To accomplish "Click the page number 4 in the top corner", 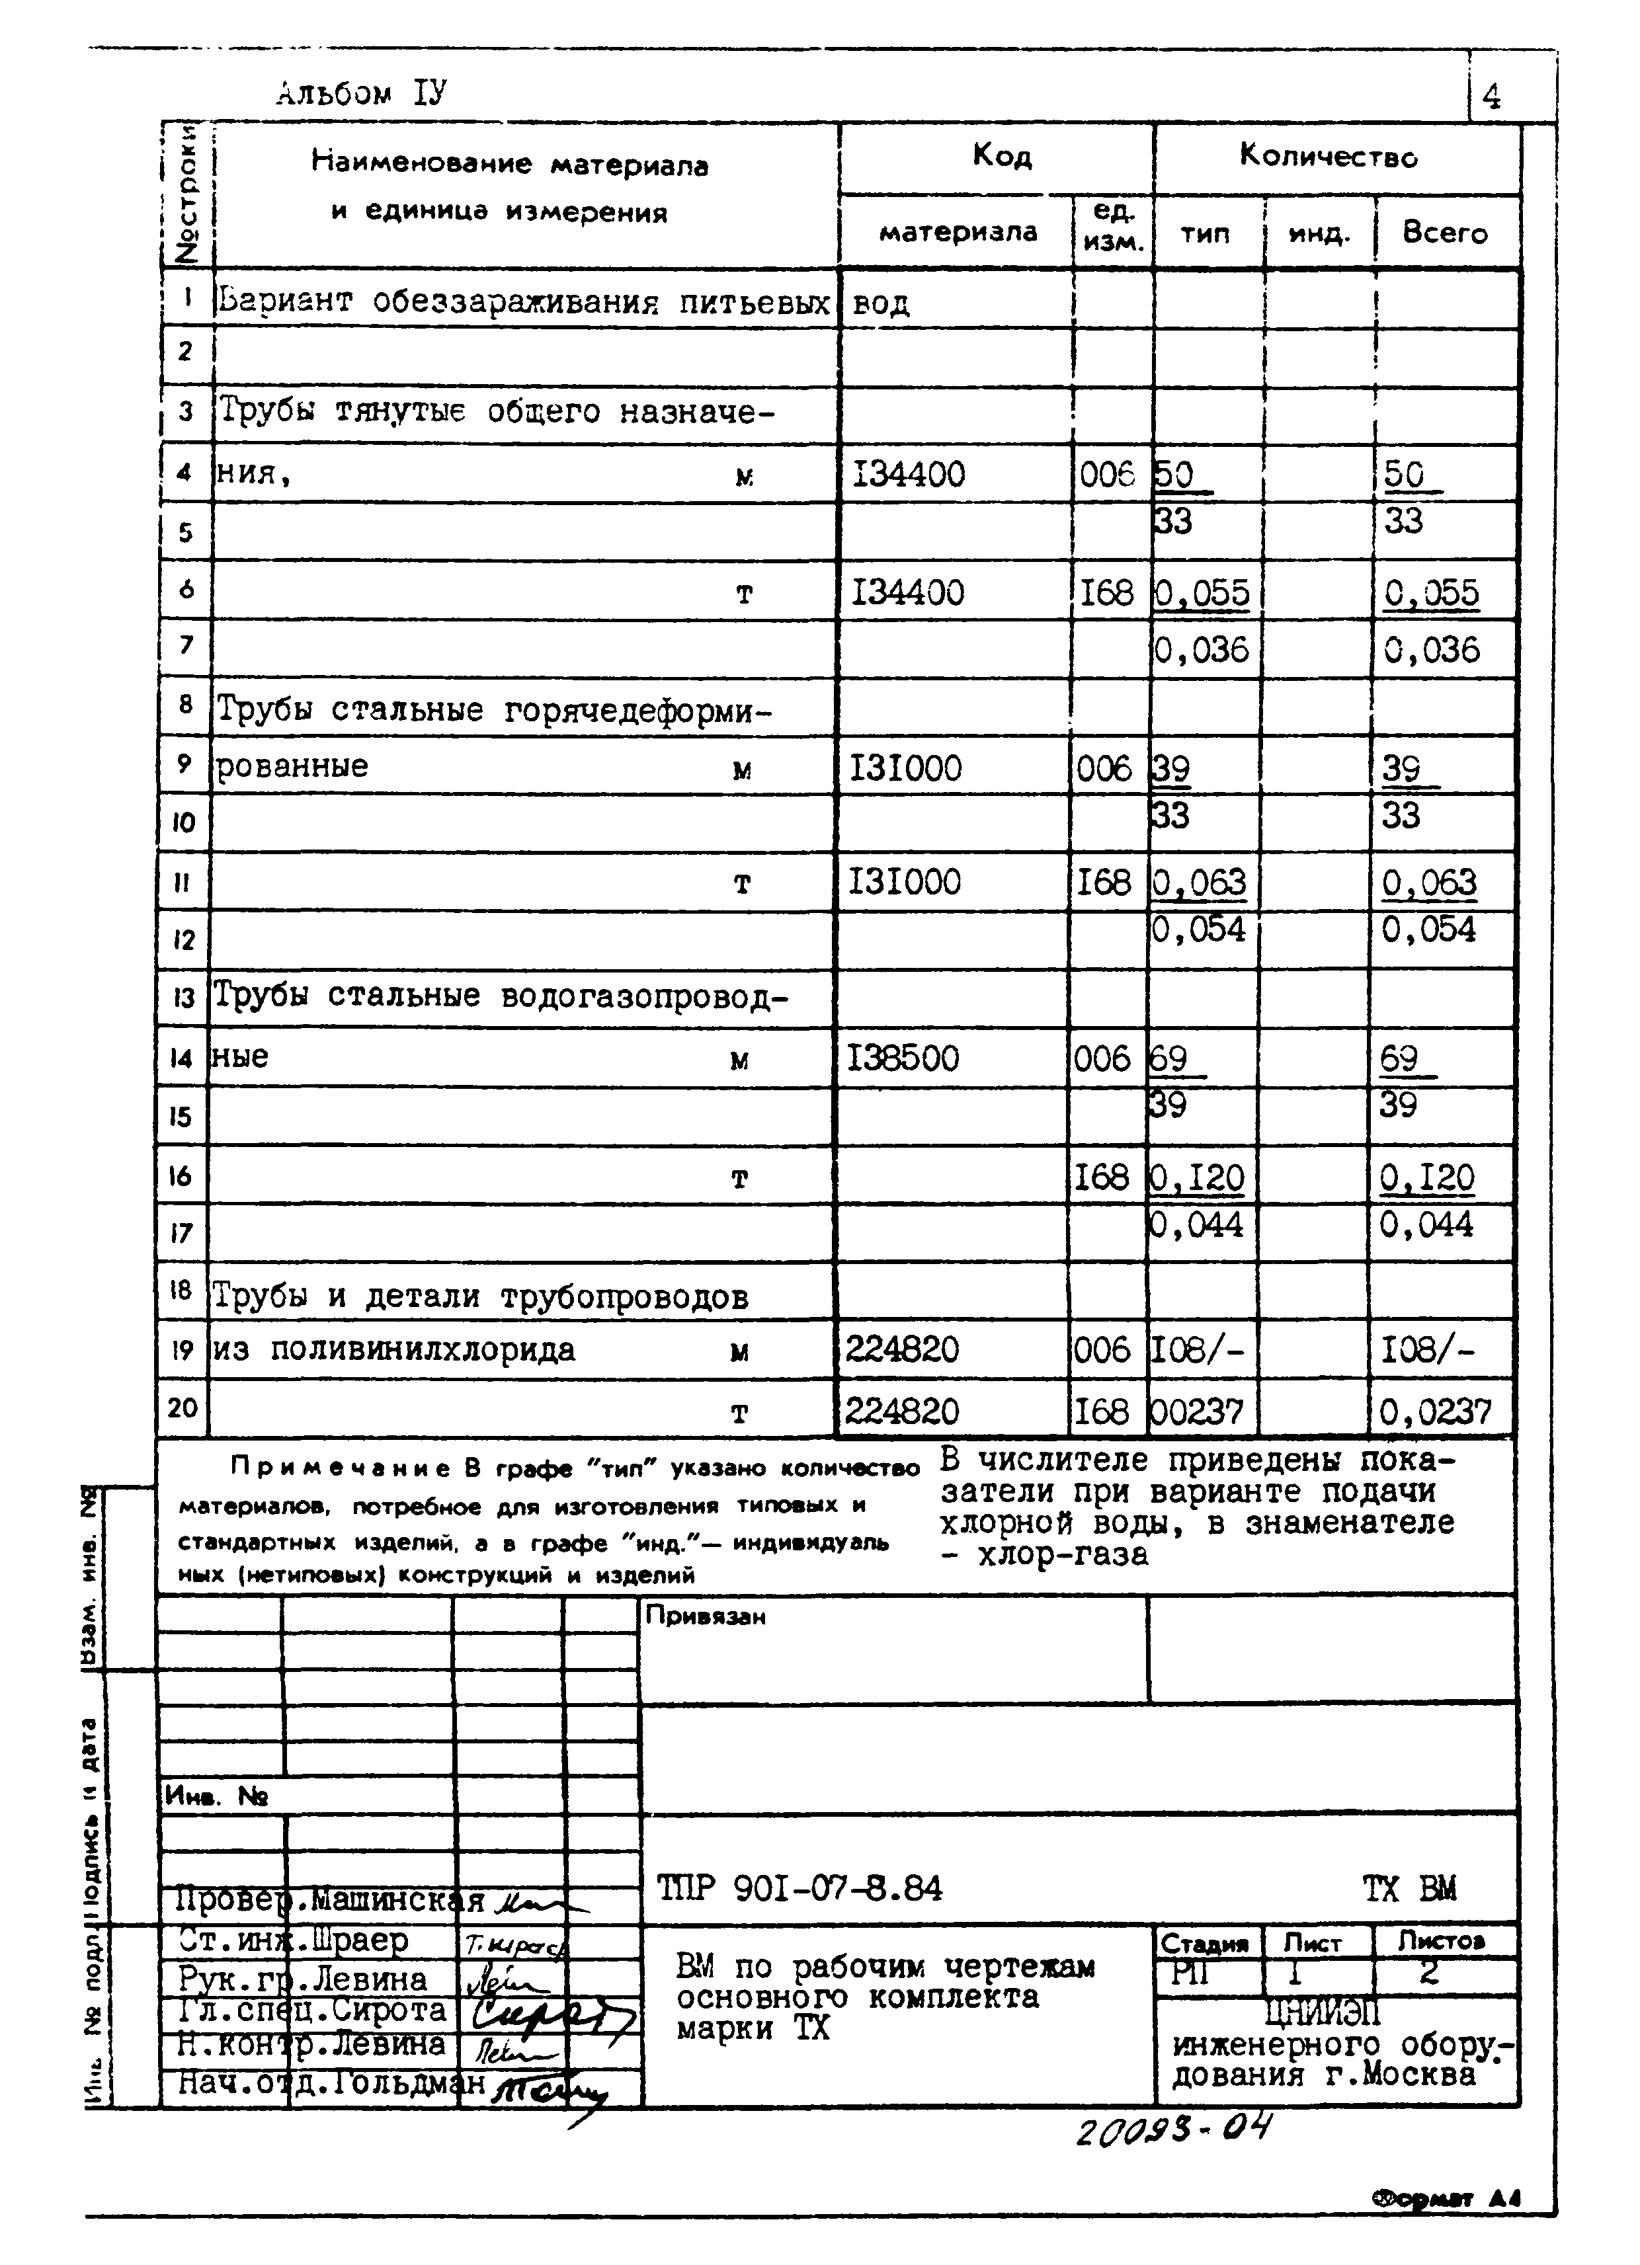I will coord(1491,98).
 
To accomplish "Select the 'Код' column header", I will coord(1002,156).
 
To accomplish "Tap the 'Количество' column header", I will coord(1329,156).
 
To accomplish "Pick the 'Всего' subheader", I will coord(1444,233).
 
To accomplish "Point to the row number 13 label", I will coord(183,998).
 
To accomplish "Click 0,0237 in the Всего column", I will coord(1435,1412).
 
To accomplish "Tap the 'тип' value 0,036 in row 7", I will coord(1202,650).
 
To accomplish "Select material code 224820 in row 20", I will coord(902,1411).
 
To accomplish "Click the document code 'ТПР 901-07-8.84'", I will coord(799,1889).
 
